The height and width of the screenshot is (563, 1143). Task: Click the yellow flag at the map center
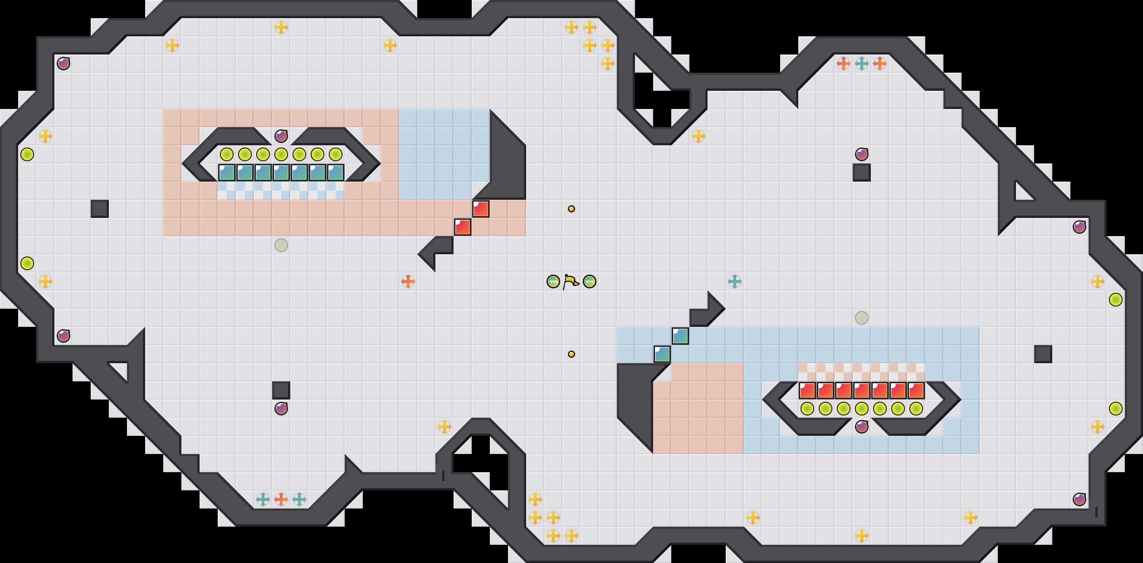[571, 281]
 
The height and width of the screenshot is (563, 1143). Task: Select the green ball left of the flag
[553, 281]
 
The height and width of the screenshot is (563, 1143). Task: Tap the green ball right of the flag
[590, 281]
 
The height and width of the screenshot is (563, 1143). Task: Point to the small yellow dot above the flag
[571, 209]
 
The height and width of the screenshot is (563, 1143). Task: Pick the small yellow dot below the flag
[571, 354]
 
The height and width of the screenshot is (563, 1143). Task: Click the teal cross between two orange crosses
[862, 64]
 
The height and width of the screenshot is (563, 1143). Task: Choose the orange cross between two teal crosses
[281, 499]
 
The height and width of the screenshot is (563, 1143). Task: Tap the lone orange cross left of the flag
[408, 281]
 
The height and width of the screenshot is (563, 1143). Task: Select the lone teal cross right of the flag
[735, 281]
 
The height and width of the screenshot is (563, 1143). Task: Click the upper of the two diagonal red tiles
[481, 209]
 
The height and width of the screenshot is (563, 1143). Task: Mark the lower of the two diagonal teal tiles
[662, 354]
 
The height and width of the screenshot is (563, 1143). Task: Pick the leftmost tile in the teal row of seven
[227, 173]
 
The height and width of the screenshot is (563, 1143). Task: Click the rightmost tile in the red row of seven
[916, 390]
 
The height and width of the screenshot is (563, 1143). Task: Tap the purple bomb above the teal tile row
[281, 136]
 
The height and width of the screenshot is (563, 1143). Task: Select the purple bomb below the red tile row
[862, 427]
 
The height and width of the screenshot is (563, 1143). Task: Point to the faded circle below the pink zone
[281, 245]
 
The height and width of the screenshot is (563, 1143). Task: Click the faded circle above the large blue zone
[862, 318]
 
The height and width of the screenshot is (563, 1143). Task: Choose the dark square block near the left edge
[100, 209]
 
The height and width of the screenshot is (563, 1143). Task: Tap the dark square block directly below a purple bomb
[862, 173]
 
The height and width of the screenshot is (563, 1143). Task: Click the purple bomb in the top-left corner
[63, 64]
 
